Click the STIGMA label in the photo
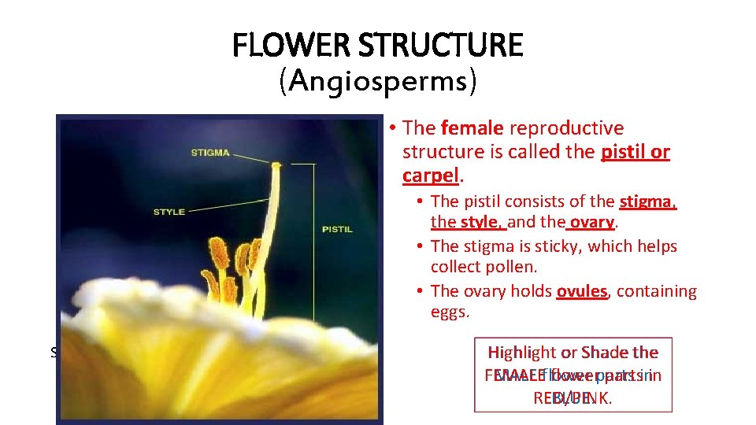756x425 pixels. pos(210,152)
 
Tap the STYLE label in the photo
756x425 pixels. pos(169,211)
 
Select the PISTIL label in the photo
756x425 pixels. pos(337,230)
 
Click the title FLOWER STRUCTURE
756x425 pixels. pos(377,46)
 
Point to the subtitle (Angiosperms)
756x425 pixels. pos(377,81)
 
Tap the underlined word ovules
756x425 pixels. pos(582,291)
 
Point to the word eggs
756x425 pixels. pos(450,312)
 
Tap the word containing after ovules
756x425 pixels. pos(657,291)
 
